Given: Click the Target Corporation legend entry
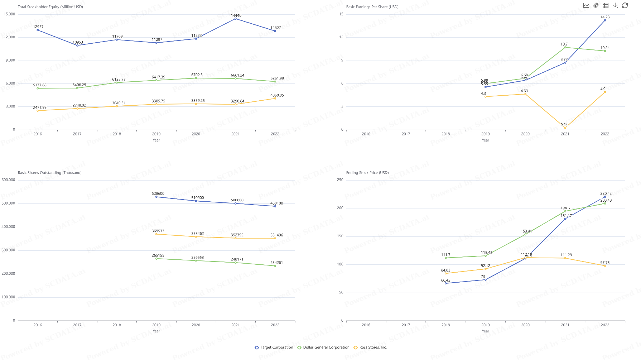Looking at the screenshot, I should pos(274,347).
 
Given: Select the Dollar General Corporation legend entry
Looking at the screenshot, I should pos(323,347).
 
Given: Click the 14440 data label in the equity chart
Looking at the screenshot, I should pos(236,15).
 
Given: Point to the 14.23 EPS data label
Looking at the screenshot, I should pos(605,17).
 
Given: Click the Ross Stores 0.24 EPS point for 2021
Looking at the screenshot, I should pos(565,128).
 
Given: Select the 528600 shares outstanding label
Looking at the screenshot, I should pos(158,193).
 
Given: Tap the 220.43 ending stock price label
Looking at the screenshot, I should pos(606,193).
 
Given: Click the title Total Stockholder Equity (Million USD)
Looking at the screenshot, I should pos(50,7).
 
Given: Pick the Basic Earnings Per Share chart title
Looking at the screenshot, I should pos(372,7).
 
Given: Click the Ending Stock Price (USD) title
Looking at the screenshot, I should pos(367,173).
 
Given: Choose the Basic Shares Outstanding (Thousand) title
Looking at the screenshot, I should pos(50,173).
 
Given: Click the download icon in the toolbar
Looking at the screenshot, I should pos(615,5).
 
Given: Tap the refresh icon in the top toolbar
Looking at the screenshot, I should pos(625,5).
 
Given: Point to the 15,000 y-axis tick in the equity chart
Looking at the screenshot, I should pos(10,14).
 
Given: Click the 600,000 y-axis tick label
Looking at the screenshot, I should pos(9,180).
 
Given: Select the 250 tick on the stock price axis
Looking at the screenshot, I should pos(340,180).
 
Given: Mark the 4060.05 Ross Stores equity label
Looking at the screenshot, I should pos(277,95).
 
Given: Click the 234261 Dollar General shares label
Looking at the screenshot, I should pos(276,263).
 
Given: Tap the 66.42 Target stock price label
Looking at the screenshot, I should pos(445,280).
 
